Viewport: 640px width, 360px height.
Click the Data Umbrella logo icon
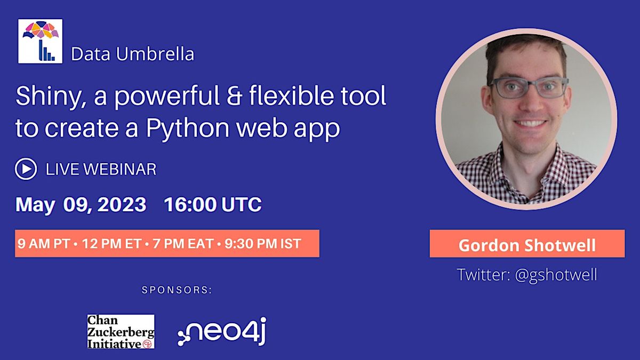point(40,42)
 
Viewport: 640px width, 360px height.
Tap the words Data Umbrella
point(132,54)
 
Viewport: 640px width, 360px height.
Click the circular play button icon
point(26,169)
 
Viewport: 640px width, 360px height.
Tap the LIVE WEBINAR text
point(101,170)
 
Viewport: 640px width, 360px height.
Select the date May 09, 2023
point(81,205)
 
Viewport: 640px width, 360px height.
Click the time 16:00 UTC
point(213,205)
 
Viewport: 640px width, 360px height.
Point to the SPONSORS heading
point(177,290)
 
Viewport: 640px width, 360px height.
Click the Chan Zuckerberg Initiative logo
point(121,331)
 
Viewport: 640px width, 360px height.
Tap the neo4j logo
point(222,331)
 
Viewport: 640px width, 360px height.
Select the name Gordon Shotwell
point(527,245)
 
